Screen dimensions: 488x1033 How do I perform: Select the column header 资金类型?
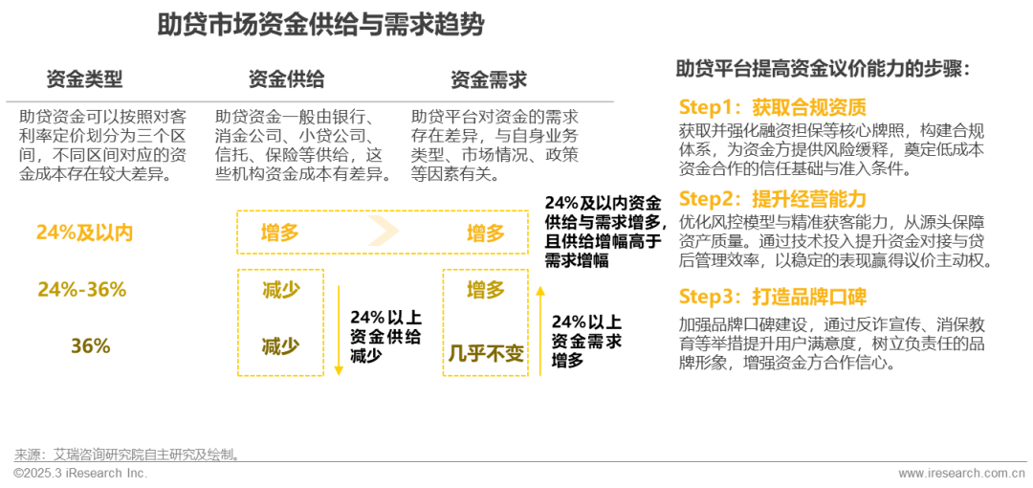[x=84, y=79]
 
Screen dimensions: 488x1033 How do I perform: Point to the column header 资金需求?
[x=488, y=79]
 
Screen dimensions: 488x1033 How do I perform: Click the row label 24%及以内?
[x=84, y=233]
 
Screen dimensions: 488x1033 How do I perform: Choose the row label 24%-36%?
[x=82, y=290]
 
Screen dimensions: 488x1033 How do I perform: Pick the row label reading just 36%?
[x=90, y=346]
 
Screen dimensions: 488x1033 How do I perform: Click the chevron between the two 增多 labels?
[x=383, y=233]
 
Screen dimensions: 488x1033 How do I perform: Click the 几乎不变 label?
[x=486, y=355]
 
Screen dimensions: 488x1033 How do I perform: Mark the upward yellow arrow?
[x=540, y=330]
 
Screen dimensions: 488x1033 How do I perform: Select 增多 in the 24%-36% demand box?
[x=486, y=290]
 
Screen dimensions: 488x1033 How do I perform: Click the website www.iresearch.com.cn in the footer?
[x=961, y=474]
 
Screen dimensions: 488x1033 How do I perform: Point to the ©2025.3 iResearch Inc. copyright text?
[x=80, y=474]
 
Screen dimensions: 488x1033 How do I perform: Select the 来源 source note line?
[x=125, y=454]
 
